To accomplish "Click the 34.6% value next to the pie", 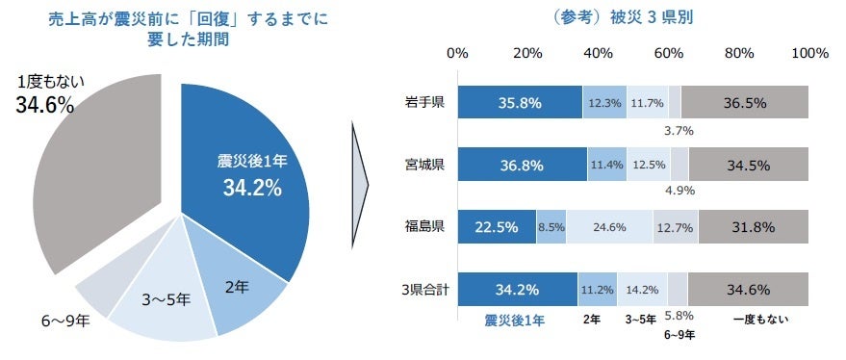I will point(45,106).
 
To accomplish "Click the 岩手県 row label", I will point(424,102).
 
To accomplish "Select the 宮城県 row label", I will point(424,165).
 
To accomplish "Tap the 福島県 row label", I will point(424,227).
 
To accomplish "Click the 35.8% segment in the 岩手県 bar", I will point(520,102).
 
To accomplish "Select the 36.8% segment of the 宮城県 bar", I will point(522,165).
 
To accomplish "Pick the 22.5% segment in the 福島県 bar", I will point(497,227).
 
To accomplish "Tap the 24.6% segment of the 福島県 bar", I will point(609,227).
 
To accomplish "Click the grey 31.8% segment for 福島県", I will point(754,227).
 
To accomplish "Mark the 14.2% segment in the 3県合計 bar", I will point(642,290).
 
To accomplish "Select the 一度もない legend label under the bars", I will point(759,320).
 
